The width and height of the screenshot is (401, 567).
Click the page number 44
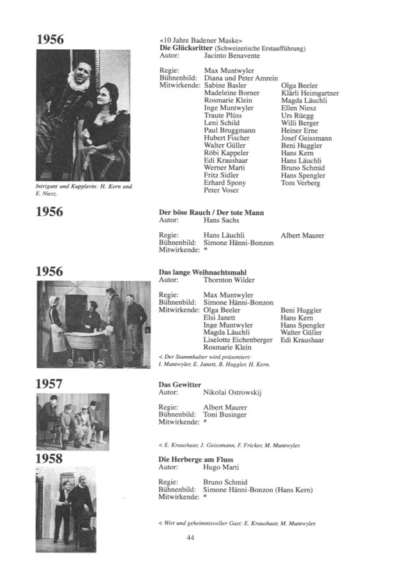[190, 538]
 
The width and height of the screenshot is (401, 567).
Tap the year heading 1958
[49, 459]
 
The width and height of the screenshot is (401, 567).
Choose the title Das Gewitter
[180, 385]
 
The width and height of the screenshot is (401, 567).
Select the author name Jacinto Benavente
[234, 56]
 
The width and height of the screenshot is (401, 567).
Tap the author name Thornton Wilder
[229, 280]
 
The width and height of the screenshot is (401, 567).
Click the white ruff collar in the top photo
[78, 81]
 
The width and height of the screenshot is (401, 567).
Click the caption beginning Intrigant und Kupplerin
[84, 189]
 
